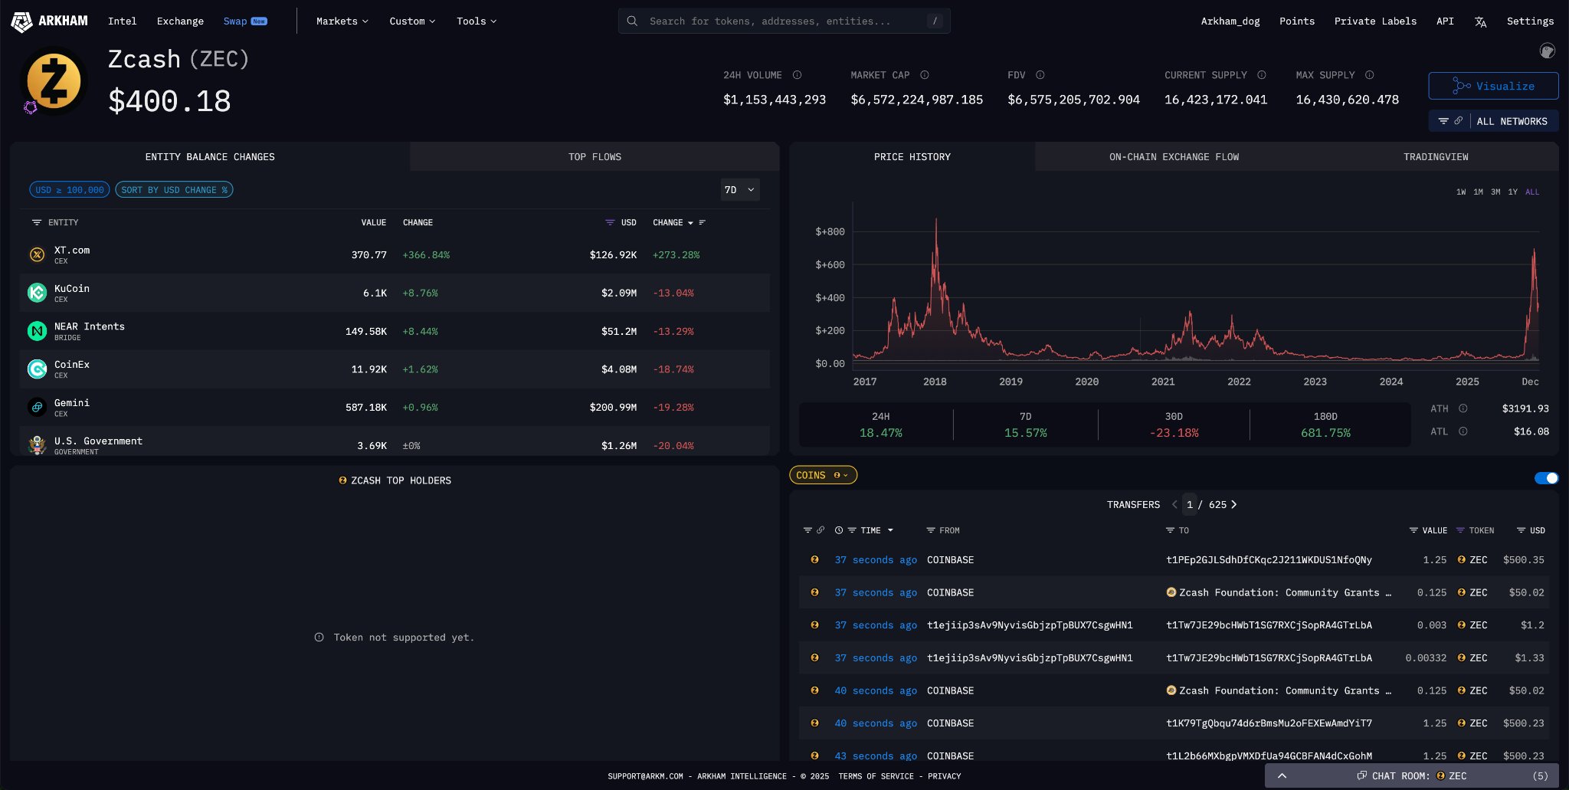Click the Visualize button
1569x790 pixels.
tap(1492, 86)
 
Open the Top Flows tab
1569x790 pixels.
tap(595, 157)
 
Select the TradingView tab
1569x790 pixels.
tap(1435, 157)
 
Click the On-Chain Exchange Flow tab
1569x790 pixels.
tap(1174, 157)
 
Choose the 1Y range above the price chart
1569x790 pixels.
tap(1512, 192)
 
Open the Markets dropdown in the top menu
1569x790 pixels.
tap(342, 21)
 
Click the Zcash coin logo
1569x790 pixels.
tap(54, 80)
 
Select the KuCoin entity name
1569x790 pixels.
tap(72, 289)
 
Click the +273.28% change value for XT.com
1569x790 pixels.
tap(676, 255)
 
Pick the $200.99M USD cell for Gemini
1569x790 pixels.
tap(613, 408)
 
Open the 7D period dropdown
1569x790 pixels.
tap(739, 190)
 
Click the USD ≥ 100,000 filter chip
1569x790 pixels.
tap(70, 190)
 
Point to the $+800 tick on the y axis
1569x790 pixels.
tap(830, 231)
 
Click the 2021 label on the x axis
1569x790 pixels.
tap(1162, 382)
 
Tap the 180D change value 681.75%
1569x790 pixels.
tap(1325, 433)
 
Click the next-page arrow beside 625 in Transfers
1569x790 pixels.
tap(1233, 504)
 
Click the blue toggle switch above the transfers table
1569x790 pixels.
tap(1546, 478)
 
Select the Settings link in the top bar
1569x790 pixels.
tap(1530, 21)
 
